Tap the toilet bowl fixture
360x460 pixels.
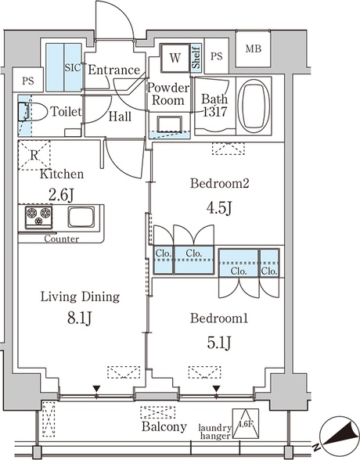33,112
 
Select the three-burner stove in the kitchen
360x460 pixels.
38,217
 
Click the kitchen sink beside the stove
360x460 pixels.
81,217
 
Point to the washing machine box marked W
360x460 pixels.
175,58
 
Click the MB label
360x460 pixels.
254,49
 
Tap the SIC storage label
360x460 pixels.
73,68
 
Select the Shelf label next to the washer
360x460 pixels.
196,58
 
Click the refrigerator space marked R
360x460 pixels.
34,155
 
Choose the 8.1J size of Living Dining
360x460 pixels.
80,318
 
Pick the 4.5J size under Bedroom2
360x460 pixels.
219,208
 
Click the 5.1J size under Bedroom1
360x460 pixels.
219,343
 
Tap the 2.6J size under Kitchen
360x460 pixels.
61,195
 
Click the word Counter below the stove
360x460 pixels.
62,239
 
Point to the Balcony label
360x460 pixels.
164,427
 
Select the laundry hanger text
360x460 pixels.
215,432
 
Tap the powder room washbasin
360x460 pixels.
169,124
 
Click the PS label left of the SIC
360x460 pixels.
28,81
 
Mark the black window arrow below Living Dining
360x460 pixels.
96,389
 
